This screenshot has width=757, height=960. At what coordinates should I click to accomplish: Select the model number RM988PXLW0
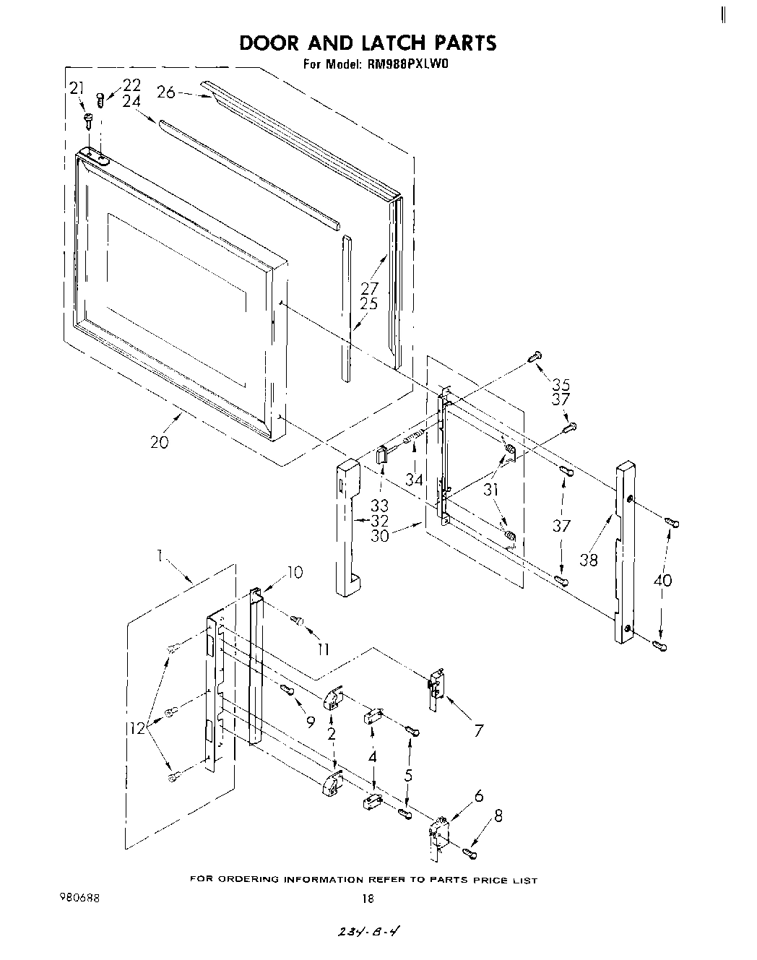pyautogui.click(x=410, y=64)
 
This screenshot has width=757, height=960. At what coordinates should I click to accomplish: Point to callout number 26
pyautogui.click(x=166, y=92)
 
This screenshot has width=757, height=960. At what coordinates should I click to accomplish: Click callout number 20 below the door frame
pyautogui.click(x=159, y=441)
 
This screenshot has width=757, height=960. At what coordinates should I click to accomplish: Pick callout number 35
pyautogui.click(x=561, y=384)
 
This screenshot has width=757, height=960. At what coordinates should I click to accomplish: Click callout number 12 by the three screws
pyautogui.click(x=138, y=729)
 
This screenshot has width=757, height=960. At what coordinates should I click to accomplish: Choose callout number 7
pyautogui.click(x=477, y=730)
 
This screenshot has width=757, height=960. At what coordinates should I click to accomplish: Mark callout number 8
pyautogui.click(x=497, y=817)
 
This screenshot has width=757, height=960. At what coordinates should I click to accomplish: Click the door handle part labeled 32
pyautogui.click(x=348, y=527)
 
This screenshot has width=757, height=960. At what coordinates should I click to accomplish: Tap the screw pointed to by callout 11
pyautogui.click(x=296, y=618)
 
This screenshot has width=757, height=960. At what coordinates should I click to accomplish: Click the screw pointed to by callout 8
pyautogui.click(x=470, y=855)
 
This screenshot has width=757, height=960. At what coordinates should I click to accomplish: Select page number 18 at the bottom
pyautogui.click(x=368, y=899)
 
